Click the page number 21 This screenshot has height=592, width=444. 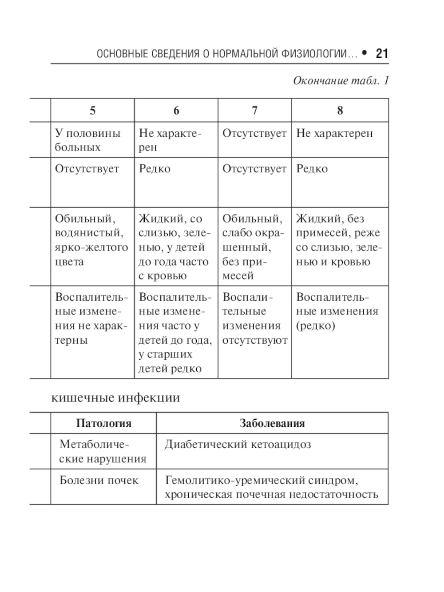(x=381, y=54)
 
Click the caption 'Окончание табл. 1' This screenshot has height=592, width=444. (x=341, y=81)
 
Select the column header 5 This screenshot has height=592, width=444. (x=92, y=111)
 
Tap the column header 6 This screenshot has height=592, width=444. (x=176, y=111)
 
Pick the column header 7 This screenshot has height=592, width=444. (x=254, y=111)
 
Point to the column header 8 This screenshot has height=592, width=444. (x=340, y=111)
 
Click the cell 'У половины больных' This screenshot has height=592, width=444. (x=87, y=140)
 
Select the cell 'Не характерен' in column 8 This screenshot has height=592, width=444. (x=334, y=133)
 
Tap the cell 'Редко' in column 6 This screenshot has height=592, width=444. (x=155, y=169)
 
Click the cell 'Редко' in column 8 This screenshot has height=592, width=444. (x=312, y=169)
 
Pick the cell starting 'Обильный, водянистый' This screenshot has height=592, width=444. (x=91, y=240)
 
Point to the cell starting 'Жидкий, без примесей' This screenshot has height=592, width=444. (x=339, y=240)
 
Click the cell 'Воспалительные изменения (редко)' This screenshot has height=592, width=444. (x=337, y=311)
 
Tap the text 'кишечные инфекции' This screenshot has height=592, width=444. (x=116, y=397)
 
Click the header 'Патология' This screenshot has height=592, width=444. (x=103, y=423)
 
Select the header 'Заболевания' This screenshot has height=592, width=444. (x=272, y=423)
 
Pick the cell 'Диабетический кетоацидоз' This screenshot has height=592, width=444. (x=238, y=445)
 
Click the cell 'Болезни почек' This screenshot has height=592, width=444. (x=99, y=480)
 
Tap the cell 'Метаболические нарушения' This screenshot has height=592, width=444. (x=103, y=452)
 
